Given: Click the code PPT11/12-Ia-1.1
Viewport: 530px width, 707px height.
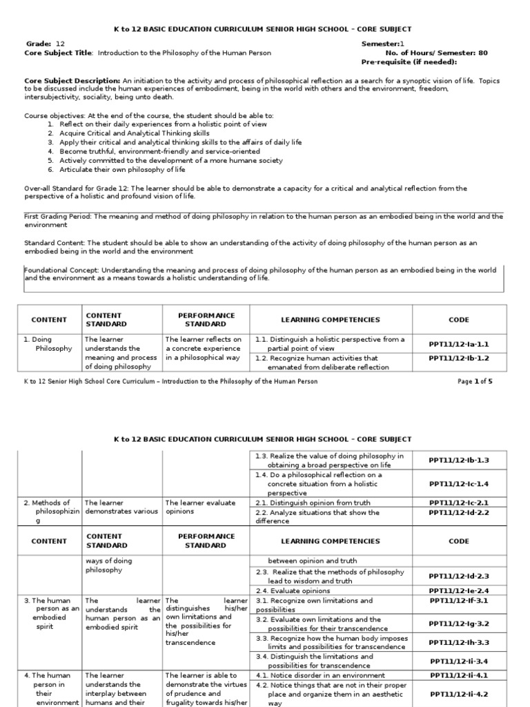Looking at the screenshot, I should (458, 343).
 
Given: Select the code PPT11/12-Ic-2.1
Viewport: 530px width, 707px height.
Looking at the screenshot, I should (458, 503).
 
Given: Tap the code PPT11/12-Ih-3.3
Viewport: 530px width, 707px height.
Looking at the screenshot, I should (458, 642).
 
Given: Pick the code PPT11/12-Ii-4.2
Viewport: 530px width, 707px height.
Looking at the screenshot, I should (458, 695).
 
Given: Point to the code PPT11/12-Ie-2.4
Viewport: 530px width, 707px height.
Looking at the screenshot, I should (458, 591).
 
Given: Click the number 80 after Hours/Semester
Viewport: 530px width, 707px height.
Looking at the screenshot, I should (482, 52).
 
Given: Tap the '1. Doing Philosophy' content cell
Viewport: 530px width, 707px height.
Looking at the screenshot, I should (48, 344).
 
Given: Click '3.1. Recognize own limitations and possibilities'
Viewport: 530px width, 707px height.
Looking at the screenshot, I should (314, 605).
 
